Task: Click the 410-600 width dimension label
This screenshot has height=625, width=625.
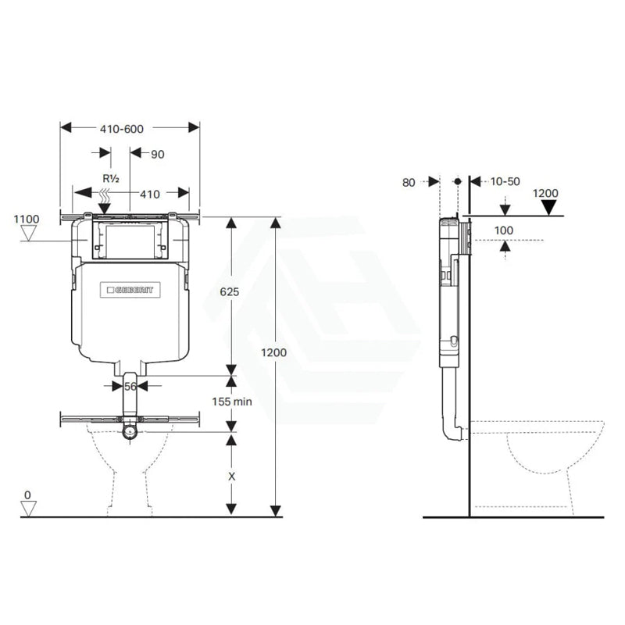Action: [x=122, y=129]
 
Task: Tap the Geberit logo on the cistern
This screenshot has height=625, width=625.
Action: [x=130, y=290]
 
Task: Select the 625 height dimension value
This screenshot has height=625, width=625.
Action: [x=230, y=291]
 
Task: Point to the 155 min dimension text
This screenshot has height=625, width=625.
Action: [x=232, y=401]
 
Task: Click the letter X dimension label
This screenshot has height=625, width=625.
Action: [x=231, y=477]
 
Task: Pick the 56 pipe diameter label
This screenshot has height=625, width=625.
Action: [x=130, y=386]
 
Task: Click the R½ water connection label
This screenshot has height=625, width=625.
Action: [x=111, y=179]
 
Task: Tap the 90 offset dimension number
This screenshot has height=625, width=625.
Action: [x=158, y=154]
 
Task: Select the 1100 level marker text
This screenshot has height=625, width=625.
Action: [x=27, y=219]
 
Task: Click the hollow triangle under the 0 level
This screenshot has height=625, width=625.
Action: [x=29, y=509]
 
